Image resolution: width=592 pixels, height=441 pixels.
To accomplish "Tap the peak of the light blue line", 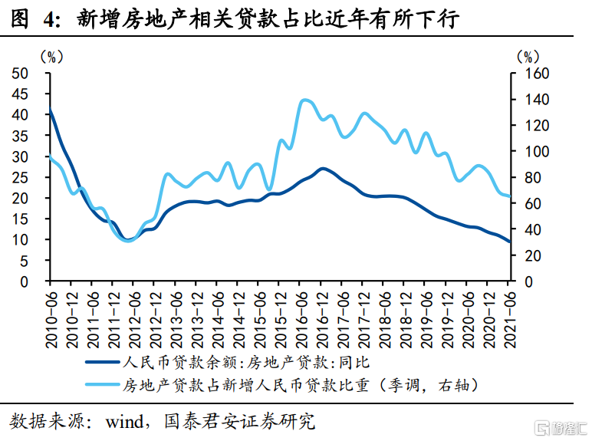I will pyautogui.click(x=305, y=100).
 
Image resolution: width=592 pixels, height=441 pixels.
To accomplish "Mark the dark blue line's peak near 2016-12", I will pyautogui.click(x=323, y=168).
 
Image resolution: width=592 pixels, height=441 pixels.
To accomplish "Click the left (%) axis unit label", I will pyautogui.click(x=51, y=55).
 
